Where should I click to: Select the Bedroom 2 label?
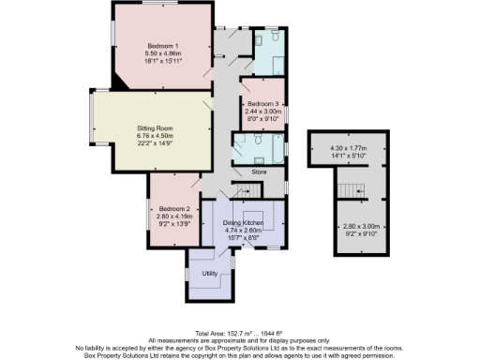coord(174,207)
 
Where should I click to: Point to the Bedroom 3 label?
coord(263,104)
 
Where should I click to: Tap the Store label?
coord(260,172)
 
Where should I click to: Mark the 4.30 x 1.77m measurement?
coord(350,147)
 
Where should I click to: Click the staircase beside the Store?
coord(246,190)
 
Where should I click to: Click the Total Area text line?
coord(240,334)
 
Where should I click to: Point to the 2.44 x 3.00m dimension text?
coord(263,112)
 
